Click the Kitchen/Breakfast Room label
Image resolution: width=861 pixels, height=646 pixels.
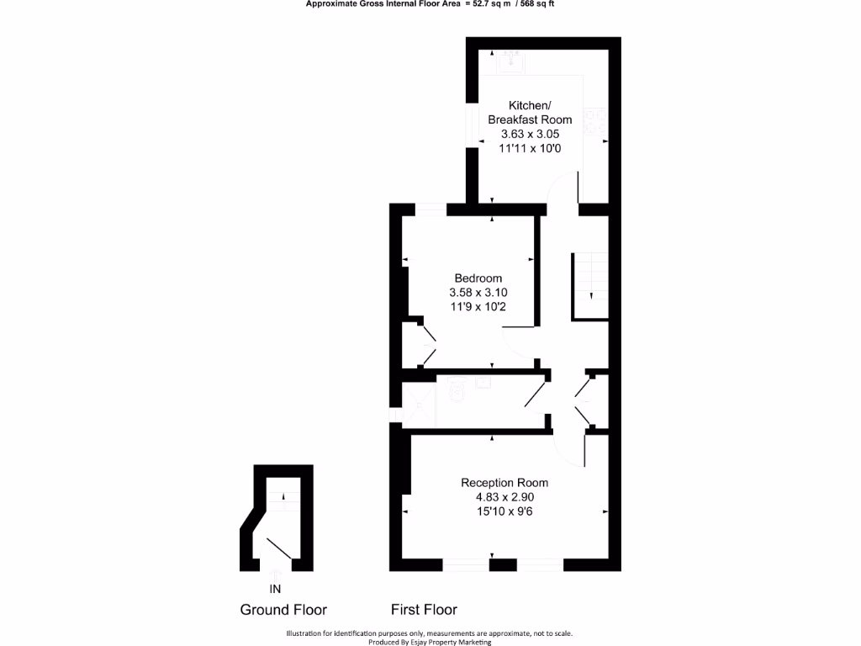click(x=530, y=112)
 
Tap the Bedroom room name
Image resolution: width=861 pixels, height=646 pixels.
click(x=478, y=278)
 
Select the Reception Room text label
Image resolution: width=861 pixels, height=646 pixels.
click(x=504, y=483)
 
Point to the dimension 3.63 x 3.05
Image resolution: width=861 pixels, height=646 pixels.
click(x=530, y=134)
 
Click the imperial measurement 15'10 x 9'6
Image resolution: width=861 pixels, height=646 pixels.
click(x=504, y=511)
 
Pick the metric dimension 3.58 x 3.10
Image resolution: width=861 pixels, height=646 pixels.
click(x=478, y=293)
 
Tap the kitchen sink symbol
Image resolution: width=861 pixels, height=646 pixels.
click(x=509, y=60)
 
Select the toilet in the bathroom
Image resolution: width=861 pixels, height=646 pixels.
click(x=457, y=388)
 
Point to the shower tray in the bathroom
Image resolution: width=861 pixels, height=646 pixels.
click(x=418, y=405)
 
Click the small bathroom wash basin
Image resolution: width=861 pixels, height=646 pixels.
click(x=483, y=383)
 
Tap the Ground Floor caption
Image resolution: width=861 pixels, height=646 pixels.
click(x=283, y=610)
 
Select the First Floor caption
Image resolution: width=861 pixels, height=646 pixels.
click(x=424, y=609)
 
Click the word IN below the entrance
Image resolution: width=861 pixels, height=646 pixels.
click(x=275, y=588)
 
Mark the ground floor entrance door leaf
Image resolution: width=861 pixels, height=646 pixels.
click(x=278, y=548)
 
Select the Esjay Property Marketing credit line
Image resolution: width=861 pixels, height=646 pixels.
click(x=430, y=642)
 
